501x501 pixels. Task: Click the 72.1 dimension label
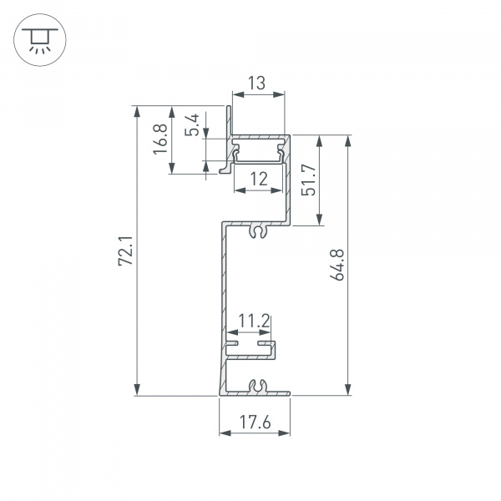point(125,250)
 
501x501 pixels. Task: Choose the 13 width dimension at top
point(257,83)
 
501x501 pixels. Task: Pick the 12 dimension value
point(258,178)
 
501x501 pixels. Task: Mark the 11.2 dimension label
point(252,320)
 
